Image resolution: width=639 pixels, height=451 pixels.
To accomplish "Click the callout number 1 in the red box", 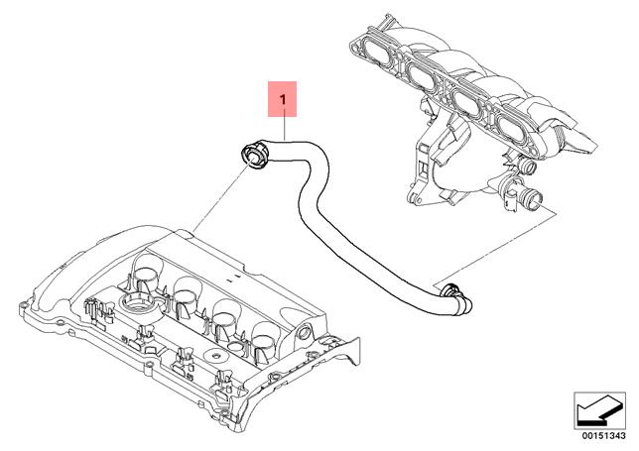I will click(x=285, y=99).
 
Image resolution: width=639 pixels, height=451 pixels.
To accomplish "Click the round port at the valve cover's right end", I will click(x=303, y=333).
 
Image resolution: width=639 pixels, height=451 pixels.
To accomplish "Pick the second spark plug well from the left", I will click(x=188, y=290).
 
